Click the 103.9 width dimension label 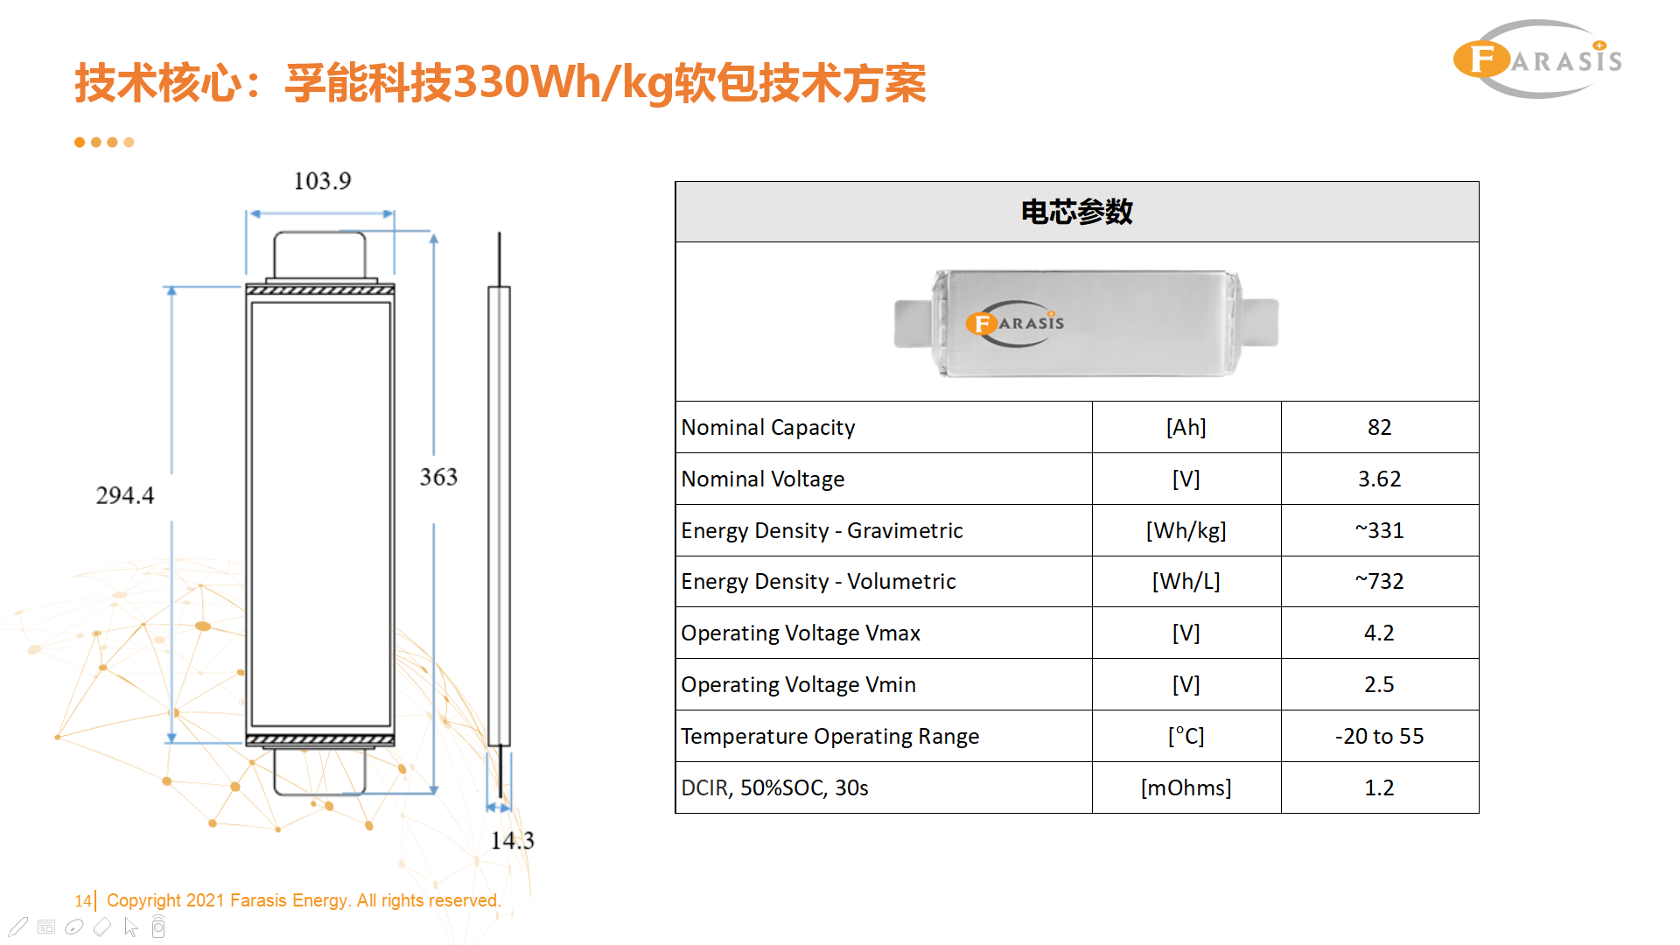pos(322,181)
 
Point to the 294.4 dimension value pos(124,495)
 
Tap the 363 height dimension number pos(438,477)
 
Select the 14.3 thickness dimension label pos(512,841)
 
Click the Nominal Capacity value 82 pos(1379,427)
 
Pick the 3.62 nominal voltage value pos(1379,479)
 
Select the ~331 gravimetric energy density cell pos(1379,530)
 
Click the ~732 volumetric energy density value pos(1379,581)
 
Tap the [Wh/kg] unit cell pos(1186,530)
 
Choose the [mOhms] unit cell pos(1186,787)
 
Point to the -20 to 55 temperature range pos(1379,736)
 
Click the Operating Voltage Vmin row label pos(798,684)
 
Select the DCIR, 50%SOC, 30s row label pos(774,787)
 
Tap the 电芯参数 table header pos(1076,212)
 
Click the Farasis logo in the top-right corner pos(1537,59)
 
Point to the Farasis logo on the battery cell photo pos(1015,323)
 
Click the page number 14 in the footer pos(82,900)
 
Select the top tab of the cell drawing pos(320,256)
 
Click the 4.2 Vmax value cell pos(1379,633)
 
